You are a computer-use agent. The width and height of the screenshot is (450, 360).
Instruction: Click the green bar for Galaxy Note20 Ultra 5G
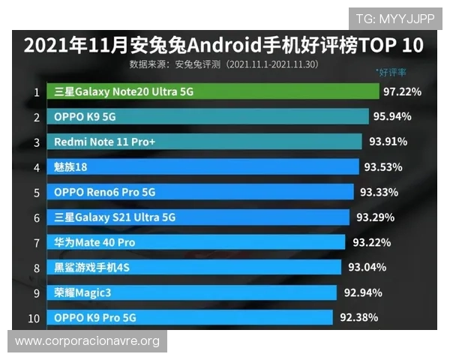coord(214,91)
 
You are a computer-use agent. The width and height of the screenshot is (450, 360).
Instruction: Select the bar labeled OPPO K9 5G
coord(209,117)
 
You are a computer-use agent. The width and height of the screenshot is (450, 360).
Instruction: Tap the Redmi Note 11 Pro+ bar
coord(205,142)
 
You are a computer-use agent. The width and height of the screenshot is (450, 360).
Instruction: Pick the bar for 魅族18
coord(203,166)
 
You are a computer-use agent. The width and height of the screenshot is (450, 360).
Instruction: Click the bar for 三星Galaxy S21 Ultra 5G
coord(199,217)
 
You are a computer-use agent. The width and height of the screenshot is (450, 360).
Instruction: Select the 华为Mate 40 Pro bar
coord(197,242)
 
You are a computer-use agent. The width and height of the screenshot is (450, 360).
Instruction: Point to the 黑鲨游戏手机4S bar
coord(195,267)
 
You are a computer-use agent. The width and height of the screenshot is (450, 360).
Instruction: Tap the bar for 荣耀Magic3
coord(193,292)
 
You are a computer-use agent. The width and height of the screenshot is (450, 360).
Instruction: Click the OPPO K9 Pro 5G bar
coord(190,317)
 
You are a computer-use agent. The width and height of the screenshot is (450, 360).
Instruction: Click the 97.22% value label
coord(402,91)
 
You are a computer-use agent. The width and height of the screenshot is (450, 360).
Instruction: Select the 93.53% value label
coord(383,166)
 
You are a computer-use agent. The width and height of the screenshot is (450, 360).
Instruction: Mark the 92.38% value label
coord(359,317)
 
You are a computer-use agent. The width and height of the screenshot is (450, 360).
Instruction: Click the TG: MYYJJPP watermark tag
coord(395,18)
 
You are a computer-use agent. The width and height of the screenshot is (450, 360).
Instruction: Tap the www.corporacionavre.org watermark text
coord(87,341)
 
